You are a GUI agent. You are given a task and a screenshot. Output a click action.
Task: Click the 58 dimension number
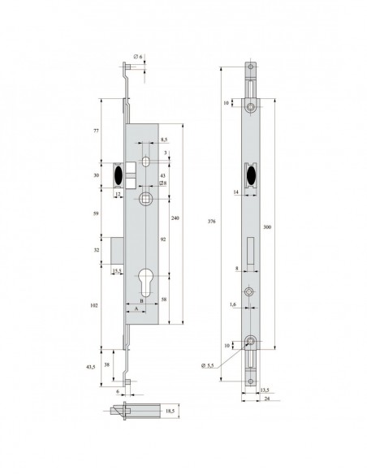pos(164,300)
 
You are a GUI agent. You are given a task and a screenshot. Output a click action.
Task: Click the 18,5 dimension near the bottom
pos(170,413)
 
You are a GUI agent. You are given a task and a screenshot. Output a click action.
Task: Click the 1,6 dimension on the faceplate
pos(232,304)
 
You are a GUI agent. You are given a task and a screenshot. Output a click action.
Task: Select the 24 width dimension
pos(267,399)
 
